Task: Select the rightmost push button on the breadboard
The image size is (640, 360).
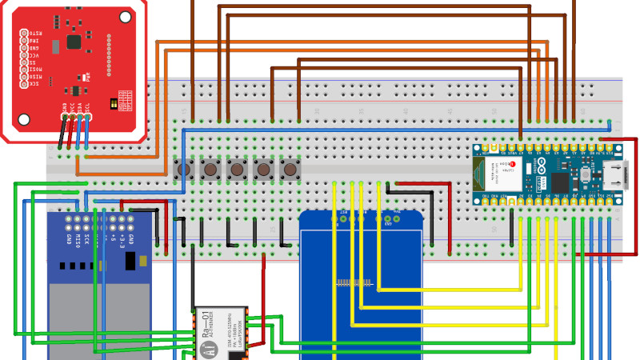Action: (x=290, y=169)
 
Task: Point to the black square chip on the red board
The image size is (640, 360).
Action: (x=74, y=40)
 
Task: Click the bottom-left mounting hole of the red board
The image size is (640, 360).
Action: (x=24, y=119)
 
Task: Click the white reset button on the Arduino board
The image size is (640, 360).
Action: (x=586, y=174)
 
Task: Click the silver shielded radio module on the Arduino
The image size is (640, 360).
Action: (x=506, y=174)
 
